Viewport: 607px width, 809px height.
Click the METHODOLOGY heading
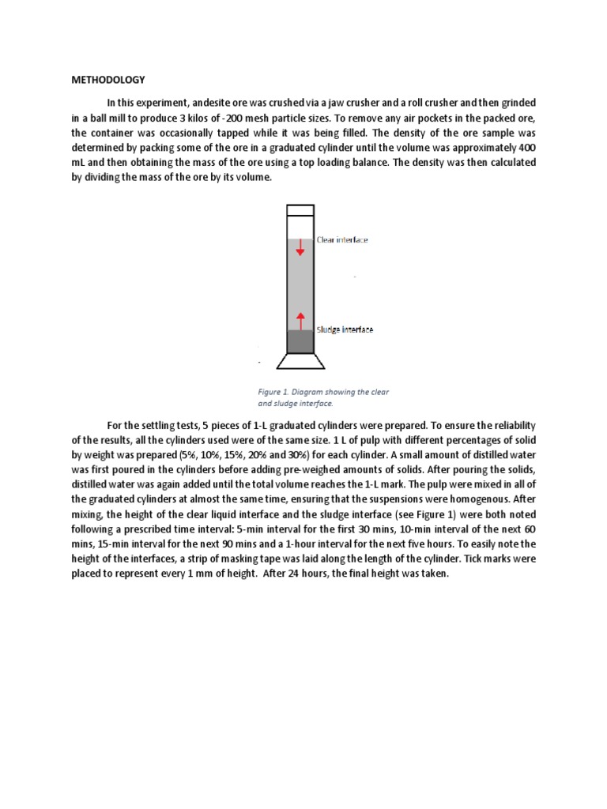coord(108,80)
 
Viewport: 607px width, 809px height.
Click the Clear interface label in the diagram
coord(341,239)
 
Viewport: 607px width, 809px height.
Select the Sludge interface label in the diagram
coord(345,329)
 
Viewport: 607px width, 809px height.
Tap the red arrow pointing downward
coord(300,249)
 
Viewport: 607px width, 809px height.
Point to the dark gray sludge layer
coord(300,341)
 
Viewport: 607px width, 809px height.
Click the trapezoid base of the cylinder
coord(300,361)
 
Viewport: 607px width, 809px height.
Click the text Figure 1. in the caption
coord(275,392)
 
